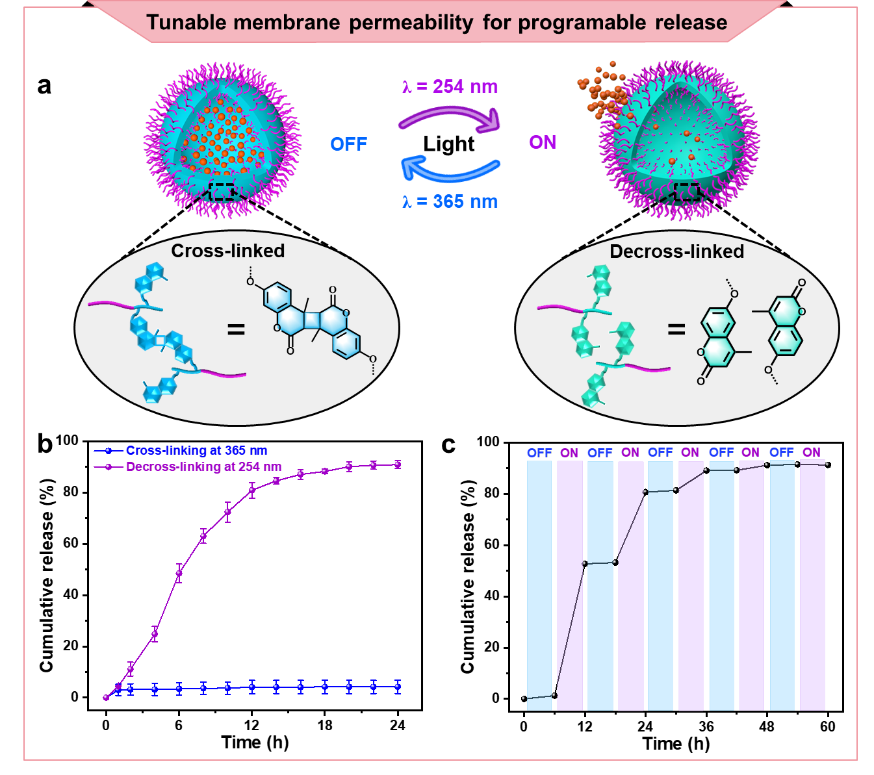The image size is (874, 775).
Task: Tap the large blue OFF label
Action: [x=349, y=144]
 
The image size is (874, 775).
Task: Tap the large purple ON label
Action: [x=543, y=142]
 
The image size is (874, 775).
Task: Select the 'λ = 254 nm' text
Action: [x=450, y=87]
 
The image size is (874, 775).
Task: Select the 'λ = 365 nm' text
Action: [x=450, y=202]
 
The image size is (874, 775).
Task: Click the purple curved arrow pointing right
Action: [x=450, y=117]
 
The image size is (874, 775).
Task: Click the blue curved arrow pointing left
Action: [x=450, y=170]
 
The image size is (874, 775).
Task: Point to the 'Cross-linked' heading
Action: [x=227, y=251]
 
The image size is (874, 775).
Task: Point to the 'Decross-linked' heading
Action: [x=676, y=251]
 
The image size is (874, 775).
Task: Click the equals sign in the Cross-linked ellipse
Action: [x=236, y=330]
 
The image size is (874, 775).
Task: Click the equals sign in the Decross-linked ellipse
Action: [x=676, y=330]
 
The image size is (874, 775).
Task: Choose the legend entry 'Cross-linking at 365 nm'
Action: [x=196, y=450]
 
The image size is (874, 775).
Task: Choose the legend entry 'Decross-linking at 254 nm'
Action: [x=204, y=466]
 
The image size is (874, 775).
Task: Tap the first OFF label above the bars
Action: [x=539, y=453]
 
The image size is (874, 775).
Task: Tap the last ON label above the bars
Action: [x=812, y=452]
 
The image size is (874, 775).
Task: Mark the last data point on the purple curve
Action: [x=398, y=464]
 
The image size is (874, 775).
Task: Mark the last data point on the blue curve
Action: [x=398, y=687]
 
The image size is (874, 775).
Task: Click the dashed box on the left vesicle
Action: [x=222, y=192]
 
